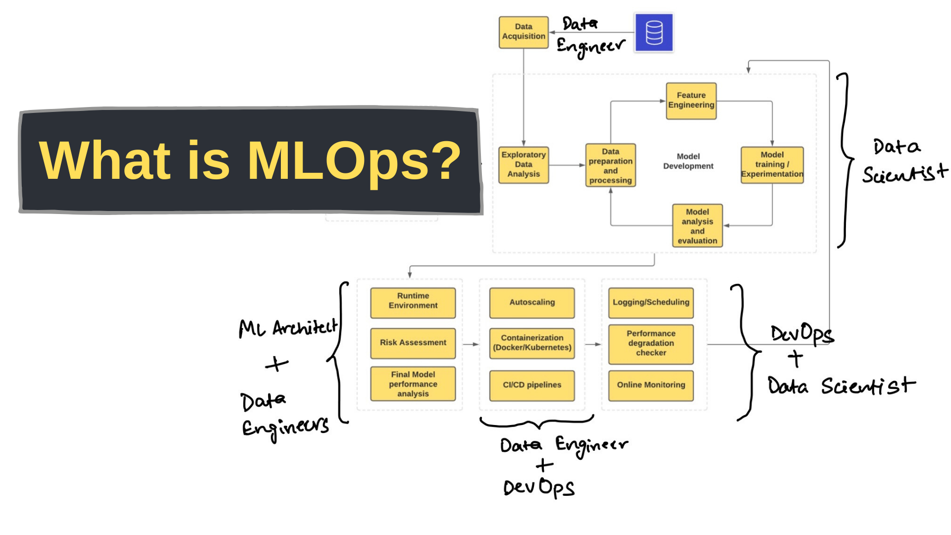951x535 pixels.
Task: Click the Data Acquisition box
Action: click(x=524, y=32)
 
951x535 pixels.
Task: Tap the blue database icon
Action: click(x=654, y=33)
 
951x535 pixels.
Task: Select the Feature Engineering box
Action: click(x=691, y=101)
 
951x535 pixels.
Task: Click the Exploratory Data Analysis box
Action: click(x=524, y=164)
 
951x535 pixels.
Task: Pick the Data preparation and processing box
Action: click(x=610, y=165)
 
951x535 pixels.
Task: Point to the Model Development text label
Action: click(x=688, y=161)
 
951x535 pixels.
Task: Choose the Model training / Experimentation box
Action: click(x=772, y=164)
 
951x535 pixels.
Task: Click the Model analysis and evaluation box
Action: click(x=697, y=226)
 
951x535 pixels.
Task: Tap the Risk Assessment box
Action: click(x=413, y=343)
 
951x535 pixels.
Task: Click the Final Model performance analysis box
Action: click(x=413, y=384)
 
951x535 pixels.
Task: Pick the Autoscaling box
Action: click(x=532, y=302)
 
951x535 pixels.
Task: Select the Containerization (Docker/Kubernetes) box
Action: click(x=532, y=343)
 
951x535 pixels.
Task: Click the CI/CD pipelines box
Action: click(x=532, y=385)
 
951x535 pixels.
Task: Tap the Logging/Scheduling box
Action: click(x=651, y=302)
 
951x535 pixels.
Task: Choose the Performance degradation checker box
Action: click(x=651, y=343)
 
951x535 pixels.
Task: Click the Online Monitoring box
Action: click(x=651, y=385)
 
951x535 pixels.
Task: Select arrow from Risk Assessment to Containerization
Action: click(x=471, y=344)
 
